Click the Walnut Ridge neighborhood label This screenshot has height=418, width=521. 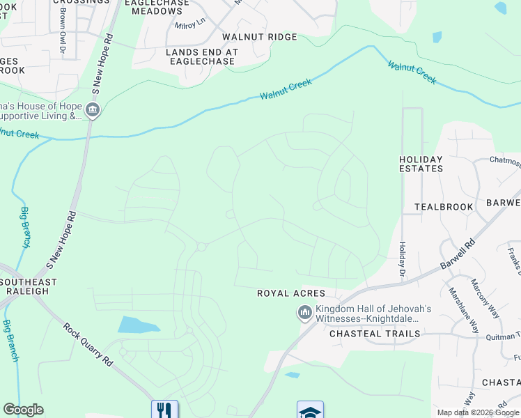[259, 37]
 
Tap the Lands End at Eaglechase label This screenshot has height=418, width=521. [202, 56]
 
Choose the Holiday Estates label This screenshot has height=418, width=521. [421, 164]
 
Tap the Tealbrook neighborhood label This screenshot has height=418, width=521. [444, 207]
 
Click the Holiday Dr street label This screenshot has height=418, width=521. [402, 258]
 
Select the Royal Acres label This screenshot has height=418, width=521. [282, 293]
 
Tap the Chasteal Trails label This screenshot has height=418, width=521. [375, 334]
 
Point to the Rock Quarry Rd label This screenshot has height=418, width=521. [88, 345]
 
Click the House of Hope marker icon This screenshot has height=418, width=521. [93, 110]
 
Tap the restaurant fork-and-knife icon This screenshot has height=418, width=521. [164, 410]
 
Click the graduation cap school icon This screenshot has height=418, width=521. [310, 410]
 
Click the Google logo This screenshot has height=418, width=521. [24, 410]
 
